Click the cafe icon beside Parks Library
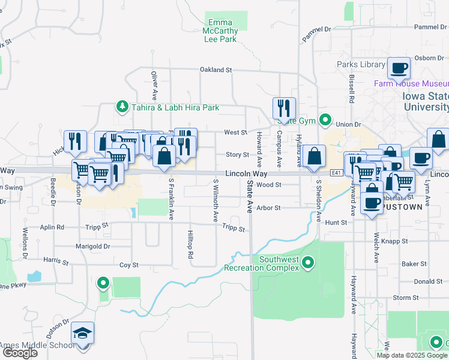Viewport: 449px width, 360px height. (x=399, y=68)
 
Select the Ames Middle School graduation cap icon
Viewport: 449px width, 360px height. (x=83, y=333)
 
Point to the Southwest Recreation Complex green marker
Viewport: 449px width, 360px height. (x=309, y=263)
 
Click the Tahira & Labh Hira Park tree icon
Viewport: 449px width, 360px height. (x=122, y=107)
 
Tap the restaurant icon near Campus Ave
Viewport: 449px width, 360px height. (x=284, y=109)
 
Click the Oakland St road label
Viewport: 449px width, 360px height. (x=215, y=70)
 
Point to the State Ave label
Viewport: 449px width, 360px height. (x=250, y=197)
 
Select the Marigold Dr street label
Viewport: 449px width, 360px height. (x=93, y=246)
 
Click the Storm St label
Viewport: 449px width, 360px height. (x=405, y=298)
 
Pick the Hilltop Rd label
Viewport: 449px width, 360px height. (x=190, y=244)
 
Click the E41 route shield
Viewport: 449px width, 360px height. (x=337, y=173)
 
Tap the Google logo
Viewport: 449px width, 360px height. (x=19, y=353)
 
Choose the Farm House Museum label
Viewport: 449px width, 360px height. (x=411, y=83)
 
